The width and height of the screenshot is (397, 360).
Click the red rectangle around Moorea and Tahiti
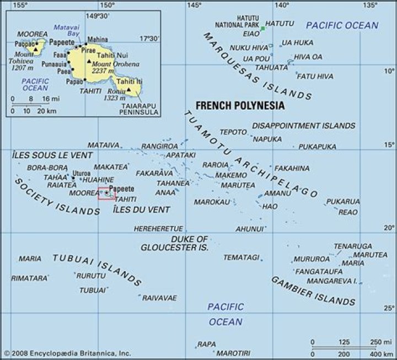click(106, 194)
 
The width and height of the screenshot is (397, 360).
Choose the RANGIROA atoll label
click(159, 146)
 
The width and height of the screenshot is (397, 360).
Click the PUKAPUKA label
click(317, 147)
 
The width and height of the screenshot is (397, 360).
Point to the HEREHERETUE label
click(158, 228)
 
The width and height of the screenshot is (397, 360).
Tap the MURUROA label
click(312, 259)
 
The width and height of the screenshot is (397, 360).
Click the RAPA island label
click(207, 344)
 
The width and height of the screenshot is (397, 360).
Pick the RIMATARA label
click(29, 278)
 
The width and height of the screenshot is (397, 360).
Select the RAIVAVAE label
click(160, 298)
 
